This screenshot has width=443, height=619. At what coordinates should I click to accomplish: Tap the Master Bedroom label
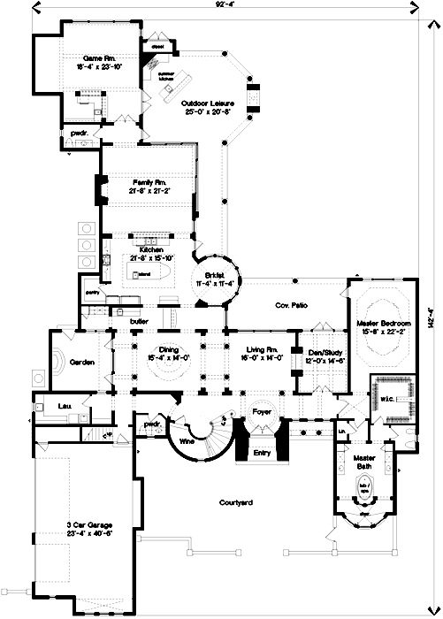click(x=381, y=325)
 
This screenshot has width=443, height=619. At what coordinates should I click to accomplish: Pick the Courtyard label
click(x=238, y=502)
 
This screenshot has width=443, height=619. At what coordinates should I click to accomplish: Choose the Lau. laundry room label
click(x=65, y=406)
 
